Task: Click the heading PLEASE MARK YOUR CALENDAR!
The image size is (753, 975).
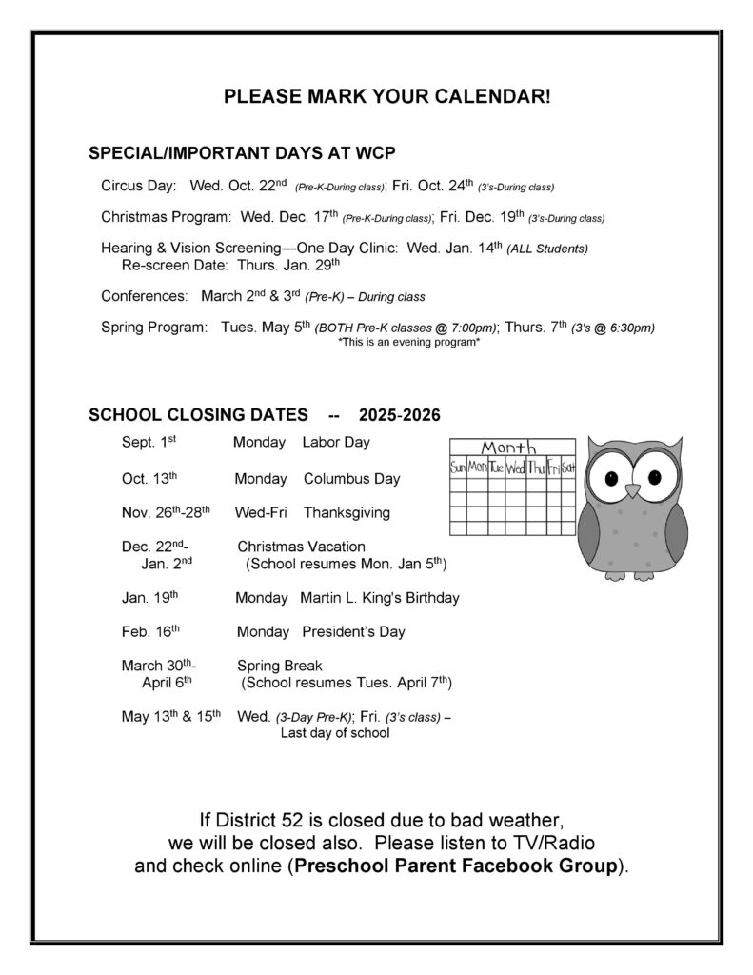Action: coord(386,98)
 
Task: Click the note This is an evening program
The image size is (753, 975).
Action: coord(408,343)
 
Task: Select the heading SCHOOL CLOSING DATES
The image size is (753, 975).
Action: coord(198,415)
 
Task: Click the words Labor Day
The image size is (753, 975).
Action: coord(336,443)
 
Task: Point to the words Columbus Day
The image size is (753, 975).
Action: coord(351,479)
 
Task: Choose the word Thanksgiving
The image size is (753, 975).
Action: coord(347,513)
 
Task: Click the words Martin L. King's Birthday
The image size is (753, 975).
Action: coord(379,599)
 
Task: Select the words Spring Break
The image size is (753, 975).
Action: coord(280,666)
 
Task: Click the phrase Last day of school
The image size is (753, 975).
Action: coord(335,734)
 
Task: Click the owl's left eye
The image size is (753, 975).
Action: coord(609,478)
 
